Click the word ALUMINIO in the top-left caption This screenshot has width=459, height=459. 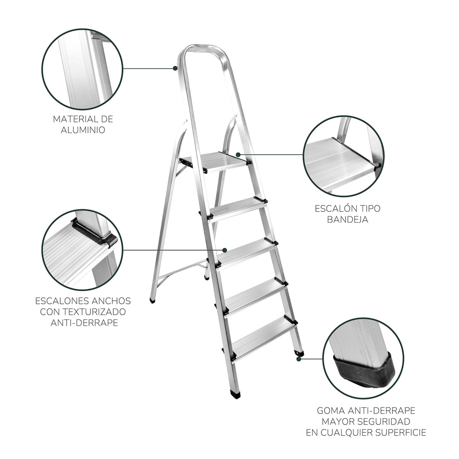tap(83, 130)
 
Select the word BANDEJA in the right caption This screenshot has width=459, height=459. tap(347, 219)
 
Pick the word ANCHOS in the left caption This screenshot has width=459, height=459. tap(111, 301)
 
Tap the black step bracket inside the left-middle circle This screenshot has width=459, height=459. tap(94, 233)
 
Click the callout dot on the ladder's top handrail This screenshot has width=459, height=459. tap(175, 68)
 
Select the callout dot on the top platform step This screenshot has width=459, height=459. tap(238, 154)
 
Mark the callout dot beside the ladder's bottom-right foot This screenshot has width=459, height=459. tap(299, 359)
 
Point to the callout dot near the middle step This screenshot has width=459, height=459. tap(224, 250)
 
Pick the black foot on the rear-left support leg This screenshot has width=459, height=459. tap(152, 300)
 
